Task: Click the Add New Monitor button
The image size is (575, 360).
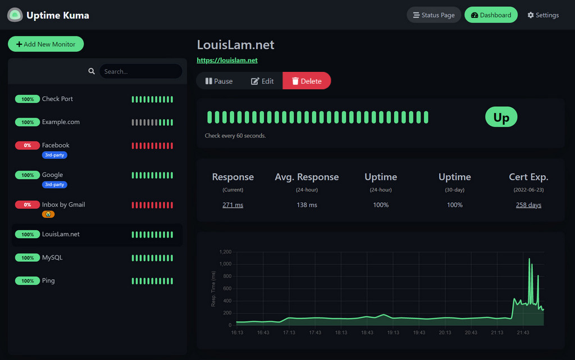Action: (45, 44)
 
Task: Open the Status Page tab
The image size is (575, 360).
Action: (433, 15)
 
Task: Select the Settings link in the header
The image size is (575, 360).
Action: (543, 15)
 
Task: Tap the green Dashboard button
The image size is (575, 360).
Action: (491, 15)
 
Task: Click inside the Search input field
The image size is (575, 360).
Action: (140, 71)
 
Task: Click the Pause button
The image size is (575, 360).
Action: (219, 81)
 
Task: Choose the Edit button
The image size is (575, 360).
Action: (262, 81)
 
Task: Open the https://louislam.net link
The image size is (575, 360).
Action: (227, 60)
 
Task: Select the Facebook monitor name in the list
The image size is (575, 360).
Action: (56, 145)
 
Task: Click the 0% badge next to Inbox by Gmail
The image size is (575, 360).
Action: (28, 205)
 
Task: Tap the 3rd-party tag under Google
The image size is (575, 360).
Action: (54, 184)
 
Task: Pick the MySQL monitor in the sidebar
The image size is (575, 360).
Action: (52, 258)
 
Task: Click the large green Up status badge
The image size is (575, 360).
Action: (501, 117)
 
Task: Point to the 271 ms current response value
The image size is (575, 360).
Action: (232, 205)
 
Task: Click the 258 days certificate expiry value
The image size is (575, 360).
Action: (528, 205)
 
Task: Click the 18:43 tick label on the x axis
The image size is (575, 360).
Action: (367, 332)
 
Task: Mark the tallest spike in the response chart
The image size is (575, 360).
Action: (529, 259)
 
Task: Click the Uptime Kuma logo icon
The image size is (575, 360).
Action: (15, 15)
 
